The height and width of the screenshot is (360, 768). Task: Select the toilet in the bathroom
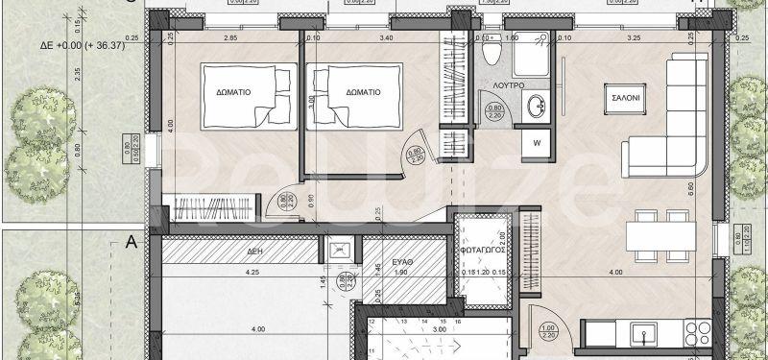click(490, 53)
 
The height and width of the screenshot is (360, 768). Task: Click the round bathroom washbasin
click(538, 106)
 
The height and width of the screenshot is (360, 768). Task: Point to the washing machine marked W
click(536, 144)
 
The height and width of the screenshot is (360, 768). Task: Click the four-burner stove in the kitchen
click(694, 335)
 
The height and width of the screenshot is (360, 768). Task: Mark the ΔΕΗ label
click(254, 249)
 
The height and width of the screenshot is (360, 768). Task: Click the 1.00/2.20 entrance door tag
click(547, 331)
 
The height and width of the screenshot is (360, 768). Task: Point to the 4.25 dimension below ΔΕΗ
click(252, 273)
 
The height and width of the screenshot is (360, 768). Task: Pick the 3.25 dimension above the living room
click(634, 37)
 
